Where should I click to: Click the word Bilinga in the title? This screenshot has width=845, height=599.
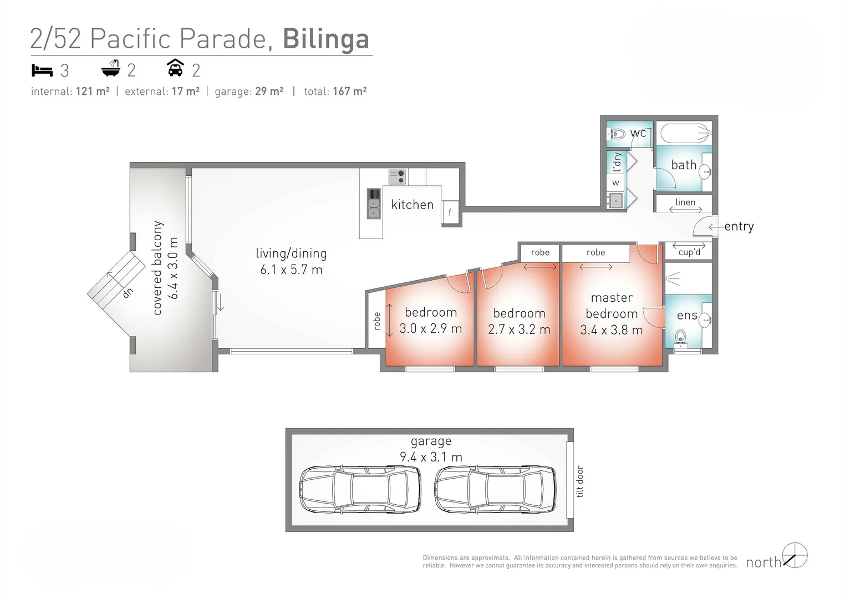click(325, 39)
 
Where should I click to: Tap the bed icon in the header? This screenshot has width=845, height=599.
click(42, 70)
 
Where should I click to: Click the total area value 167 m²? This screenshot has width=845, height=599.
click(349, 92)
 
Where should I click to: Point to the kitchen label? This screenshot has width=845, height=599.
click(412, 205)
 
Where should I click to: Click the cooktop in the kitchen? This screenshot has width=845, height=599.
click(396, 177)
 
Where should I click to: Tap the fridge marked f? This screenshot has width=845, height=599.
click(450, 212)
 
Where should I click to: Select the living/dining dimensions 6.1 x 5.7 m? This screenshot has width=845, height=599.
click(291, 270)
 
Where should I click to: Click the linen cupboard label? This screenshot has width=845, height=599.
click(685, 202)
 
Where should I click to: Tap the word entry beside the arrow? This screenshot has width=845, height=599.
click(739, 226)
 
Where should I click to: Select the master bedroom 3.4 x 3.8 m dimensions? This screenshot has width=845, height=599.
click(611, 330)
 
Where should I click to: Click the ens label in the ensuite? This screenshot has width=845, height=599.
click(687, 316)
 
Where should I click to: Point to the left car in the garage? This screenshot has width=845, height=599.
click(359, 489)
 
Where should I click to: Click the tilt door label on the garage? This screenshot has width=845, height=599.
click(580, 481)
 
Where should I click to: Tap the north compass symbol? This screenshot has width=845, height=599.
click(795, 556)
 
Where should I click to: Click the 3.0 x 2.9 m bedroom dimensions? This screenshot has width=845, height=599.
click(430, 329)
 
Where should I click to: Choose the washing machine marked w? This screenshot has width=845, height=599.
click(615, 182)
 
